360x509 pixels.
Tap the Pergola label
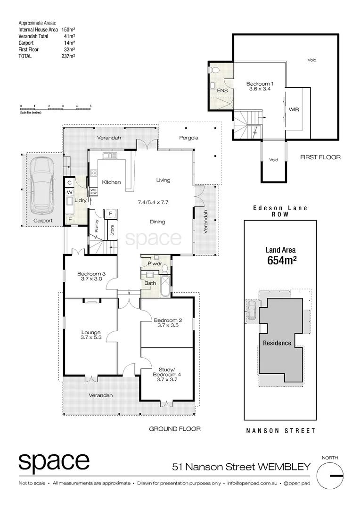click(189, 138)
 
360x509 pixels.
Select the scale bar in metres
click(56, 108)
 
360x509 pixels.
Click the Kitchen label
click(112, 182)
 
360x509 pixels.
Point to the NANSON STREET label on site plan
click(281, 430)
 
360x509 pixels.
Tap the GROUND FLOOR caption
click(175, 429)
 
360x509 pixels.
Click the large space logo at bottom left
click(54, 461)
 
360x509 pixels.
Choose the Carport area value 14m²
click(70, 42)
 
